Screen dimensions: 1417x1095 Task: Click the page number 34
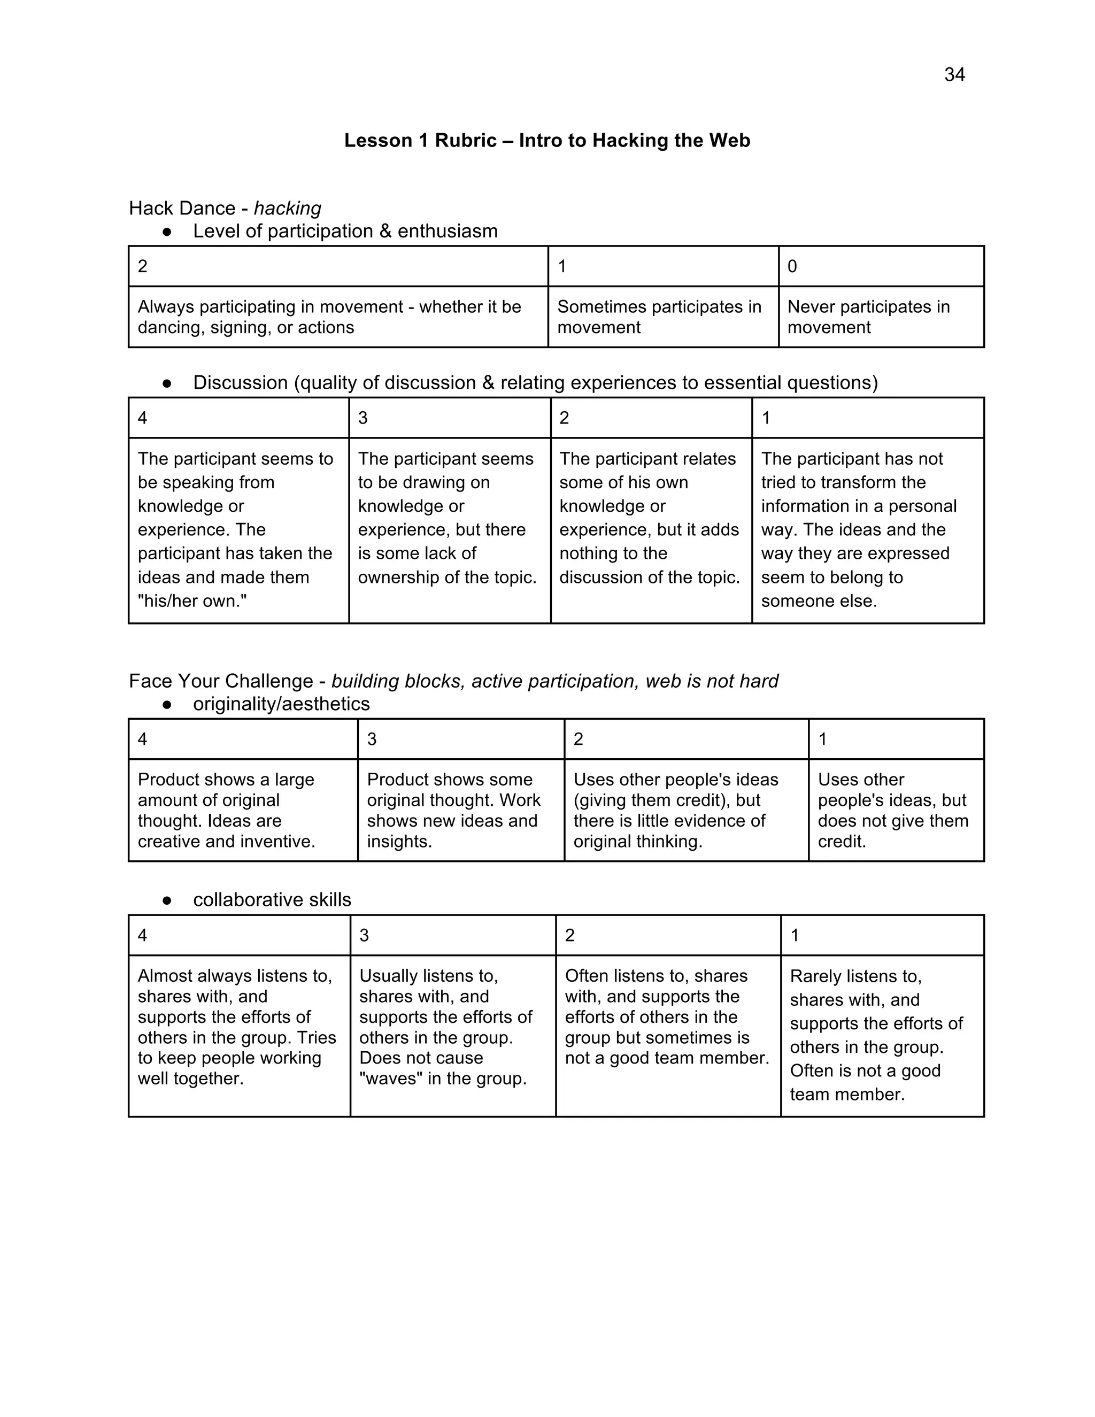(954, 75)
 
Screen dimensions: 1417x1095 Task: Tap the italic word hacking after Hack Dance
(287, 208)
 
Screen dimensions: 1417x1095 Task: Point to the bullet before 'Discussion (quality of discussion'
(167, 383)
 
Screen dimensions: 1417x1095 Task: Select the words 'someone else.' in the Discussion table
(819, 601)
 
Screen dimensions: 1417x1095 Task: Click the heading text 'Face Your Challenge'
(221, 681)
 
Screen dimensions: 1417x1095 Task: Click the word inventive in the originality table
(277, 842)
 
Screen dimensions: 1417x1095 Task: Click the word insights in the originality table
(398, 842)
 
